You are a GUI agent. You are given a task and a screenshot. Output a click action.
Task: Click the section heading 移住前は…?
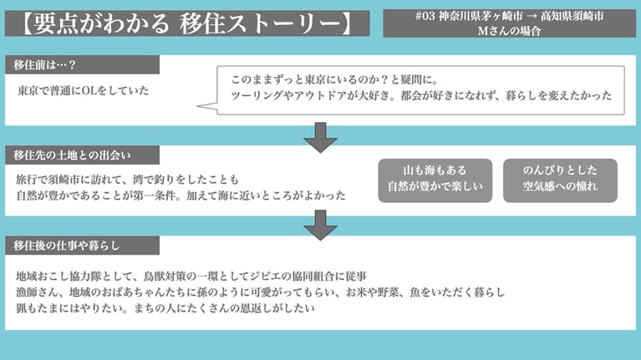tap(46, 65)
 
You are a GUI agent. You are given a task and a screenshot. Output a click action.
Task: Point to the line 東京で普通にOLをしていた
tap(84, 90)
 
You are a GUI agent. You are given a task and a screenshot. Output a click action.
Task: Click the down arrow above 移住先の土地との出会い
tap(320, 137)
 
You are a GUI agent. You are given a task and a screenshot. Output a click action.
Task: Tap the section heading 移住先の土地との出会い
tap(74, 155)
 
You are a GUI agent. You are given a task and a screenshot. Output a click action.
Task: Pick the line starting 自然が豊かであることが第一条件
tap(181, 195)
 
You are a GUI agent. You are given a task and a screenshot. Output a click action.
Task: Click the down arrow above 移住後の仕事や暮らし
tap(320, 223)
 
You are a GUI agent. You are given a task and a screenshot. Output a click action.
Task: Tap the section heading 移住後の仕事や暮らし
tap(68, 246)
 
